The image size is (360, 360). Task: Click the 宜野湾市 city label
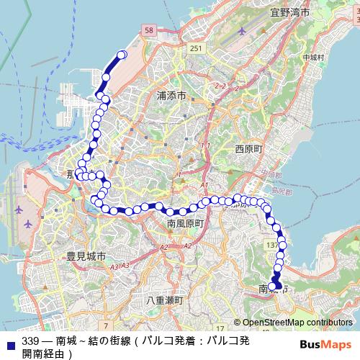tap(289, 12)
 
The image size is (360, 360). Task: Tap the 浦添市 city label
tap(171, 96)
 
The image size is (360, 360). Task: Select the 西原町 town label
tap(250, 148)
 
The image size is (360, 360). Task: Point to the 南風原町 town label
tap(186, 224)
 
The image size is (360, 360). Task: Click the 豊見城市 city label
tap(86, 256)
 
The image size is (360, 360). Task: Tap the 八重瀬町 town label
tap(164, 300)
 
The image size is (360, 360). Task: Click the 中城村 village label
tap(314, 57)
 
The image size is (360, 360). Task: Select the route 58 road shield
tap(149, 30)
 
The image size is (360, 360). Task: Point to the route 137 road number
tap(272, 246)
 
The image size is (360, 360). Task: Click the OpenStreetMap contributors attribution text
tap(297, 323)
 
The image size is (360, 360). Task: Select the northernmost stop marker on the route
tap(122, 55)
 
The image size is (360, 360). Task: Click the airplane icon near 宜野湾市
tap(241, 32)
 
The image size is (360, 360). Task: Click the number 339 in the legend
tap(30, 341)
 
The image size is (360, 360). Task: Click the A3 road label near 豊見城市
tap(114, 266)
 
